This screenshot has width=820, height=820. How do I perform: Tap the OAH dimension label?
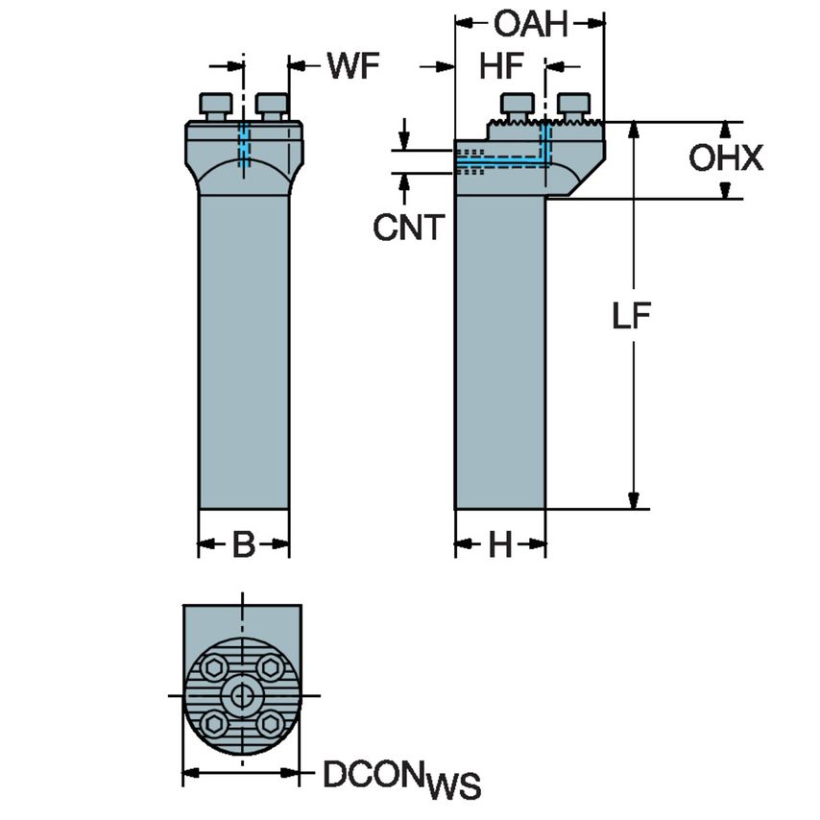pyautogui.click(x=530, y=23)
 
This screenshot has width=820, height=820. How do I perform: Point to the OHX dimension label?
pyautogui.click(x=726, y=158)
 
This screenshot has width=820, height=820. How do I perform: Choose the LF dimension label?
pyautogui.click(x=634, y=316)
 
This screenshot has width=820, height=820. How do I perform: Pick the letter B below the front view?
pyautogui.click(x=244, y=546)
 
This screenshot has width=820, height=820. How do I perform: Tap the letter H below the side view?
pyautogui.click(x=500, y=546)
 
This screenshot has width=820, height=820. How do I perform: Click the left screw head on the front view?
pyautogui.click(x=215, y=103)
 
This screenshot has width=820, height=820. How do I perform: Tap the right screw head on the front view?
pyautogui.click(x=273, y=103)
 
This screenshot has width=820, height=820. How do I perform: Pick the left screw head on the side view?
pyautogui.click(x=518, y=104)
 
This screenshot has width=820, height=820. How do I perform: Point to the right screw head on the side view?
pyautogui.click(x=574, y=104)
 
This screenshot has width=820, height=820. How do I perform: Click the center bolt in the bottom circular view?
pyautogui.click(x=241, y=694)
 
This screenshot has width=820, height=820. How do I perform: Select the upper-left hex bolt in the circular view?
pyautogui.click(x=211, y=665)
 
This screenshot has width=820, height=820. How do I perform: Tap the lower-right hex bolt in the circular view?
pyautogui.click(x=271, y=723)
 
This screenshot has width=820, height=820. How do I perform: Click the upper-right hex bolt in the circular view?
pyautogui.click(x=271, y=665)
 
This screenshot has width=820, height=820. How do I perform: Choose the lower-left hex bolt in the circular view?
pyautogui.click(x=211, y=723)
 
